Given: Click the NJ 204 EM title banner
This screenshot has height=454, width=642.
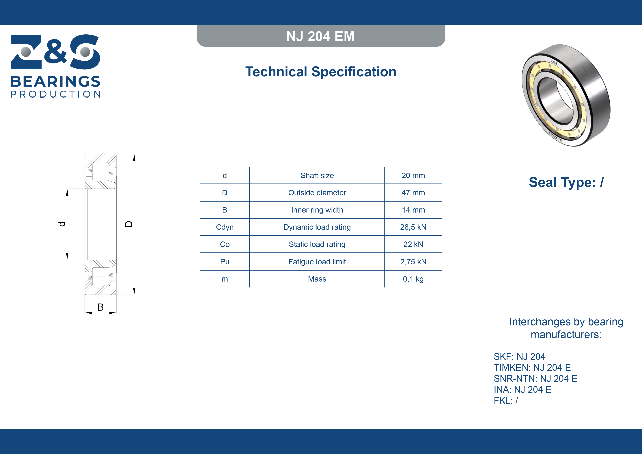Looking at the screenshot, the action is [x=321, y=36].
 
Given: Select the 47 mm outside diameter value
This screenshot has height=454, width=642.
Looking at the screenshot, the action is [x=413, y=193].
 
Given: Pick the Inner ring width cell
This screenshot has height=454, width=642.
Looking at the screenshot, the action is [x=317, y=210].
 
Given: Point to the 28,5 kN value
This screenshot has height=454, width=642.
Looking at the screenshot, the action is [x=413, y=227].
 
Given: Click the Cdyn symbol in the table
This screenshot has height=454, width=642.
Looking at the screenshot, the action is [x=225, y=227].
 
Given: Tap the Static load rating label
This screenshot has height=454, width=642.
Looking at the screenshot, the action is [x=317, y=245].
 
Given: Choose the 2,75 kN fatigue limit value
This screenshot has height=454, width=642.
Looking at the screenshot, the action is [x=413, y=262].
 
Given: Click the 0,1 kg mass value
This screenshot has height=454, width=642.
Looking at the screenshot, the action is [x=413, y=279].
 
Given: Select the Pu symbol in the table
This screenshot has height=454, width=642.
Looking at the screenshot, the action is [x=225, y=262].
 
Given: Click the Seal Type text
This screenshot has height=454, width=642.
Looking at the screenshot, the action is [x=566, y=182].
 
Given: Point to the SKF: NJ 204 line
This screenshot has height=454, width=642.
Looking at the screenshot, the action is [x=519, y=357].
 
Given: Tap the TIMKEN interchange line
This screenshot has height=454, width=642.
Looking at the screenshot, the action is [x=532, y=368].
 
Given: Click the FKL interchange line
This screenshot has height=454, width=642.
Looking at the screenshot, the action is [x=506, y=401].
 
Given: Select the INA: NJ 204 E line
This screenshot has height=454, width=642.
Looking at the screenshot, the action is [x=522, y=389].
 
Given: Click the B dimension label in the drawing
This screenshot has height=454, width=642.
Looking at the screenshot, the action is [x=100, y=307].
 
